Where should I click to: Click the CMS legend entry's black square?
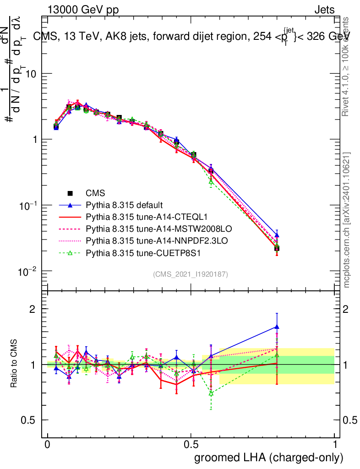(x=70, y=193)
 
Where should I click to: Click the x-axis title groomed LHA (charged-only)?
(x=269, y=458)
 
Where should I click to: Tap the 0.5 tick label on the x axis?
(x=191, y=445)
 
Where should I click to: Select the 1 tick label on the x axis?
(x=335, y=445)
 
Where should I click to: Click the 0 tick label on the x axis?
(x=47, y=445)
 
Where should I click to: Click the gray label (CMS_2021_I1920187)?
(x=191, y=274)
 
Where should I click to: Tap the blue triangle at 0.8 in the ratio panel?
(x=277, y=327)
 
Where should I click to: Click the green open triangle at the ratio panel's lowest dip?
(x=211, y=393)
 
